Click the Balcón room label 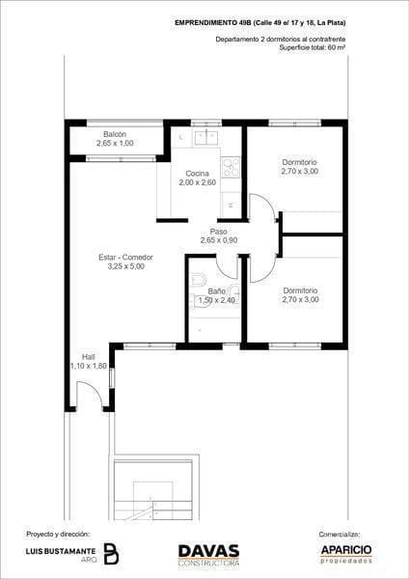click(115, 134)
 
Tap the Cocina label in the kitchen click(197, 173)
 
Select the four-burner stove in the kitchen click(231, 167)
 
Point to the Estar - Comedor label click(125, 258)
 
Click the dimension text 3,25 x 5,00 click(125, 266)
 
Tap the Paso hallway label click(219, 232)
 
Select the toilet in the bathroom click(198, 280)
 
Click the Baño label click(217, 291)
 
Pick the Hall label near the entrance click(89, 357)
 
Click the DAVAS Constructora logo click(209, 555)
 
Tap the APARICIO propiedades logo click(346, 554)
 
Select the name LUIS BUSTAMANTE click(61, 551)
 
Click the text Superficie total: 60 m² click(313, 47)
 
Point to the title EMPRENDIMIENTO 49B click(212, 23)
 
